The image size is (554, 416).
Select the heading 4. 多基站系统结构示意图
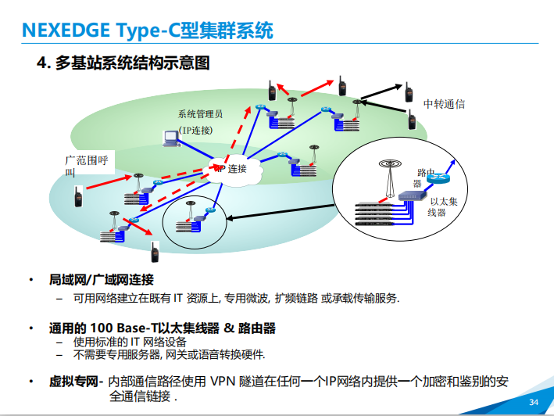coord(123,63)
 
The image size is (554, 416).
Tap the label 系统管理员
coord(200,114)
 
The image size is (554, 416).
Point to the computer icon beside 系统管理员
coord(170,138)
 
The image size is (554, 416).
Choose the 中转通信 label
coord(444,104)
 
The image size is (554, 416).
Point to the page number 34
coord(534,402)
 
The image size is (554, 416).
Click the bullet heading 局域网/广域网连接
coord(102,279)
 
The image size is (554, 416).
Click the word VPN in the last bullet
coord(223,382)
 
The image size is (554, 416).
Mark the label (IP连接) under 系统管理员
coord(195,130)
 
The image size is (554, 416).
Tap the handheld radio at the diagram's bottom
coord(154,252)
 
